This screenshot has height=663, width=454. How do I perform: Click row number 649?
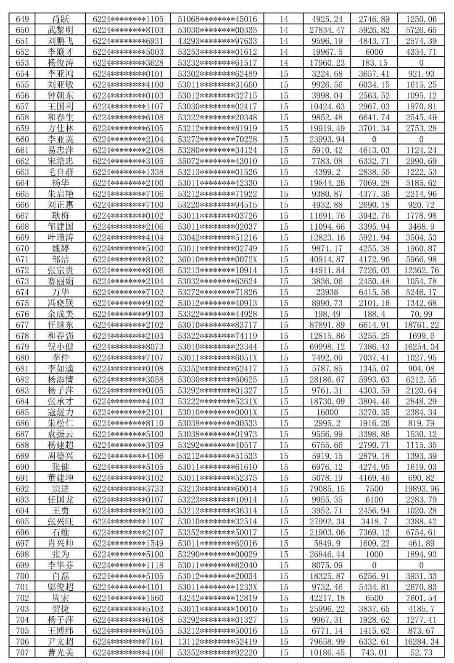22,19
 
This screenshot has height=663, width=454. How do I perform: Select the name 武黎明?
60,30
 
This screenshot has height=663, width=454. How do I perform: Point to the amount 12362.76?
421,270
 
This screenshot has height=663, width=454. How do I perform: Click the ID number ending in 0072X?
217,259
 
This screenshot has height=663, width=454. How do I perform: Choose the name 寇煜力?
60,412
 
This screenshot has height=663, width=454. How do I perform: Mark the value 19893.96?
421,489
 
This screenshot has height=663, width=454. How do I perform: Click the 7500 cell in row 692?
374,489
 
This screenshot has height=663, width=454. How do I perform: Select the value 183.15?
374,63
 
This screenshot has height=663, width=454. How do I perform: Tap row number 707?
22,652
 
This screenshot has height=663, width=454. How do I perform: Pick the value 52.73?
421,652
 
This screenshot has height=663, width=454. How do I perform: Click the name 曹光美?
60,652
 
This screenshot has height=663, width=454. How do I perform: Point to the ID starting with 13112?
217,642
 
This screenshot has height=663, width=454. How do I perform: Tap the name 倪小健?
60,347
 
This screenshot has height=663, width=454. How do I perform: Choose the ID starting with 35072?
217,161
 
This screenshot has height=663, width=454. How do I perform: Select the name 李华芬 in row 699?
60,565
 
